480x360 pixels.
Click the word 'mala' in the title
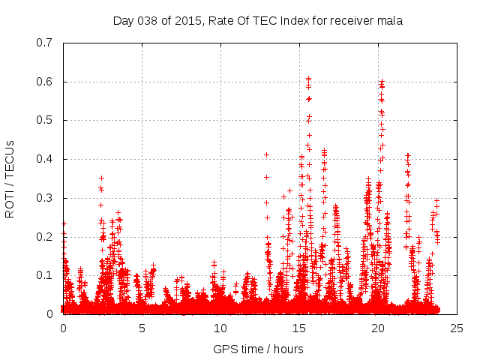(391, 21)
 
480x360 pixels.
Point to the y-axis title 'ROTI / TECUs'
(10, 178)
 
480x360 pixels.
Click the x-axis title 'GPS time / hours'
(258, 349)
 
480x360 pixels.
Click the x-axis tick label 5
(142, 328)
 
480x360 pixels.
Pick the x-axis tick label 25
(455, 328)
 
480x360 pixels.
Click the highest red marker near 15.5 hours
(308, 78)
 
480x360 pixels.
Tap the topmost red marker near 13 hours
(266, 154)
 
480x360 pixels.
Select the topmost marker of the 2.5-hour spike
(101, 178)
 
